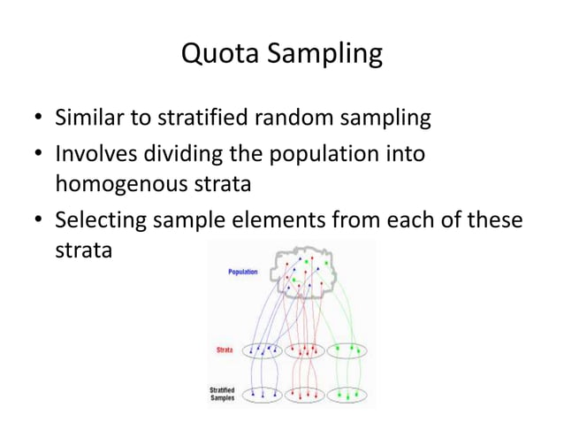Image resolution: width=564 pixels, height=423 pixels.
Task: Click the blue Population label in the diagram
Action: tap(243, 272)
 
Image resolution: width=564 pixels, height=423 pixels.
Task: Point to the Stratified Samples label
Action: tap(223, 394)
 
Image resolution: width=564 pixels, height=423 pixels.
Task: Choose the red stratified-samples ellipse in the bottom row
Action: tap(304, 395)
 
